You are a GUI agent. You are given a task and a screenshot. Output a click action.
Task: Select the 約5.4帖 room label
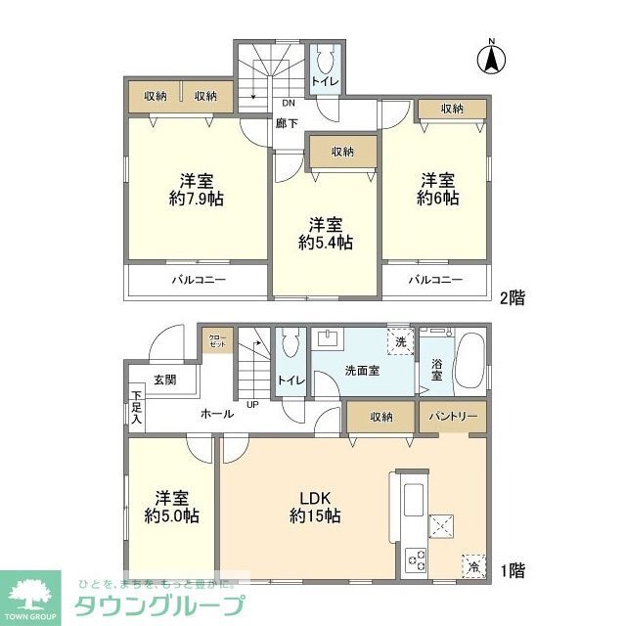(x=326, y=232)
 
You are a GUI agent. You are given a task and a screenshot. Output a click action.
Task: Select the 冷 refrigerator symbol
(x=473, y=566)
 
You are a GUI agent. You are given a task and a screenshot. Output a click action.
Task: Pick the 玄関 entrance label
(x=164, y=380)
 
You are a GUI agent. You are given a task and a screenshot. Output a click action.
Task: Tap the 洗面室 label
(x=361, y=371)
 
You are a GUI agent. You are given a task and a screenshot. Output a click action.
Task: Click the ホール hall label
(x=216, y=414)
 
